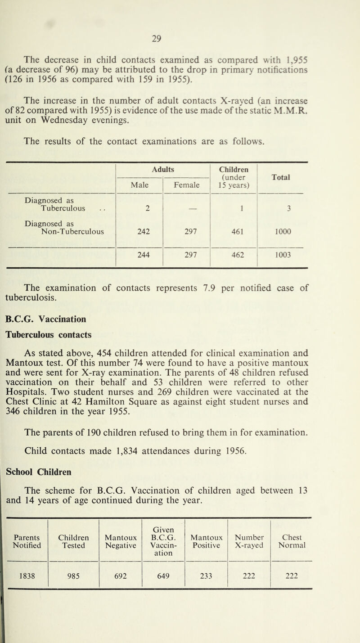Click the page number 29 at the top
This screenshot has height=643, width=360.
(180, 14)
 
